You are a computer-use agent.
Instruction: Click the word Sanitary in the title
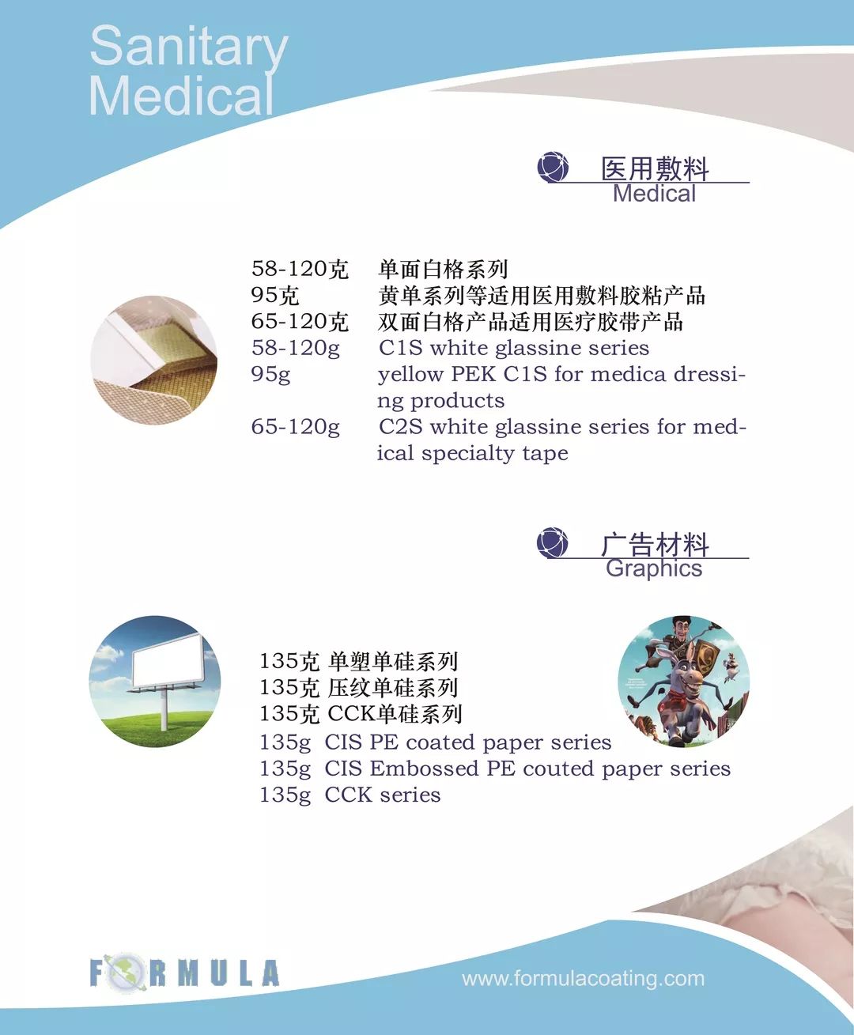tap(188, 47)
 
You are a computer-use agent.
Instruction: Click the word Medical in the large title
tap(181, 96)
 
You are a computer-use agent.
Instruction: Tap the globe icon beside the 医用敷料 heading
tap(553, 167)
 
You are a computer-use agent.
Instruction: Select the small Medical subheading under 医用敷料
tap(654, 194)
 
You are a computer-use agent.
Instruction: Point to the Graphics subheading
tap(654, 568)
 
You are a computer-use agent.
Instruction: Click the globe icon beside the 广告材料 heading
tap(552, 542)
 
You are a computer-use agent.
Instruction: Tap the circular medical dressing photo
tap(154, 360)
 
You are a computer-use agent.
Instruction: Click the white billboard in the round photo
tap(168, 660)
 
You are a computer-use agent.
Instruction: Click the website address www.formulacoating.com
tap(583, 979)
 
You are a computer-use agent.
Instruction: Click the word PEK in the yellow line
tap(473, 374)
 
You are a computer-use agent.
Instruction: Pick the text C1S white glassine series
tap(513, 348)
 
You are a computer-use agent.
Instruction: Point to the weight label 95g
tap(270, 374)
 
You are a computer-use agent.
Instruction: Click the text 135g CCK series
tap(350, 795)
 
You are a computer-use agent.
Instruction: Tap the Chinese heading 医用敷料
tap(655, 168)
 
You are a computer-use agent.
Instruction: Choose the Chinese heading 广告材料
tap(655, 544)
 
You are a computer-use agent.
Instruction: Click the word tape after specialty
tap(545, 453)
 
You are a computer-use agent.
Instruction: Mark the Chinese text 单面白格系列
tap(443, 269)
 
